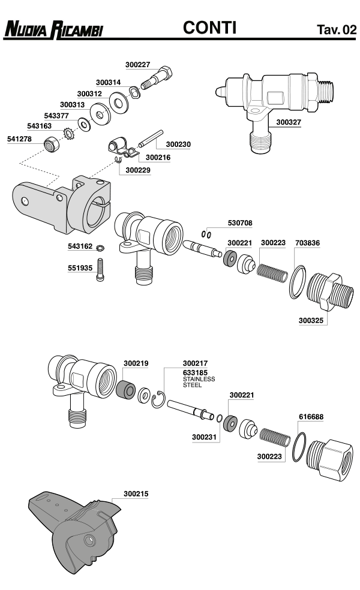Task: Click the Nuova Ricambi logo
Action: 53,28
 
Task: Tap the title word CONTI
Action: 209,27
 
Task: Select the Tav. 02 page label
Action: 336,29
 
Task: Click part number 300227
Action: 138,65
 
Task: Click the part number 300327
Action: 289,122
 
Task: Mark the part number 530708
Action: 240,222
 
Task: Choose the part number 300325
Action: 311,321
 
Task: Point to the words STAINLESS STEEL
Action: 199,382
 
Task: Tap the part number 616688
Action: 311,416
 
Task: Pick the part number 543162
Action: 80,246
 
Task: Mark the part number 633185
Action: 195,372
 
